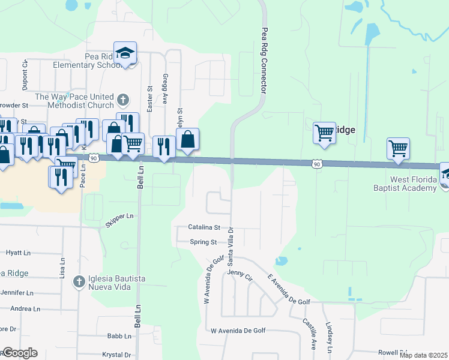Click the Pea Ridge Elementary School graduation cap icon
(125, 53)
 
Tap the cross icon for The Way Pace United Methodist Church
(123, 100)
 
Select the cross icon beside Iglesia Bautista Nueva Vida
(79, 281)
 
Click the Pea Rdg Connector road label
(264, 59)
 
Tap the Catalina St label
(204, 228)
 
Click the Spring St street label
(203, 242)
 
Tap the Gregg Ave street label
(164, 88)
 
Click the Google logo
(20, 353)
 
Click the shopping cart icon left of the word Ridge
(324, 132)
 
